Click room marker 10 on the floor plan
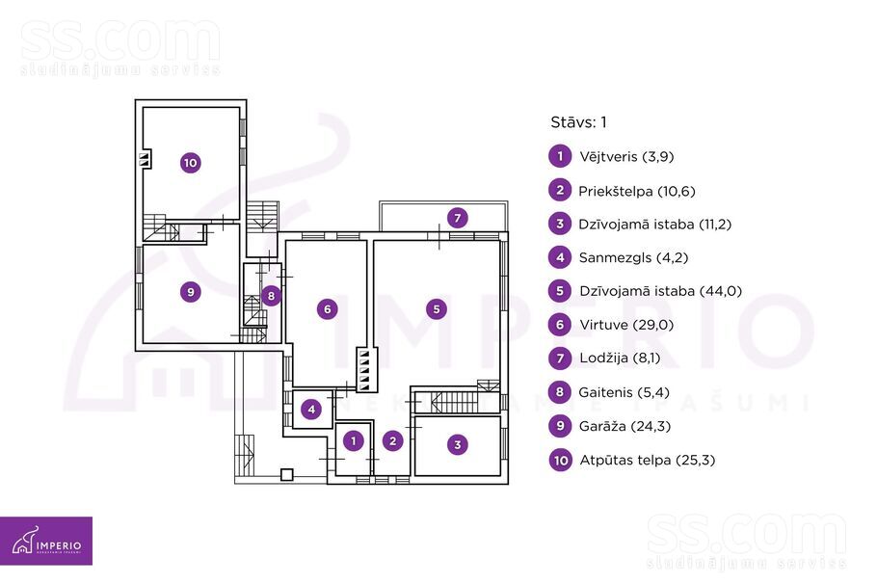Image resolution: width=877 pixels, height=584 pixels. pos(190,163)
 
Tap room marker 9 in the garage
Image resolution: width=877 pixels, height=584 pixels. pos(191,292)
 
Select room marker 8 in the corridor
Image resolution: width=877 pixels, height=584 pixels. pos(272,296)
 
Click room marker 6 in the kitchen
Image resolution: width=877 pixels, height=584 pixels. pos(328,309)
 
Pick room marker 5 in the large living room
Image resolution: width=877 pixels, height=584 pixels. pos(437,309)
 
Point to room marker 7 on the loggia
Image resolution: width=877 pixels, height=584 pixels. pos(459,217)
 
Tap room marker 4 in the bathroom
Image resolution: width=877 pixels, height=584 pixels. pos(312,411)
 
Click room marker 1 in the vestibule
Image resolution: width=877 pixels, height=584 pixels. pos(355,441)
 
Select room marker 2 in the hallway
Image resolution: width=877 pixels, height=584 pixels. pos(392,441)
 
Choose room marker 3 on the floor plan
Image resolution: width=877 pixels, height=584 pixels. pos(458,444)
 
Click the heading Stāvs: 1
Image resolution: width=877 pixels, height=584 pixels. pos(578,122)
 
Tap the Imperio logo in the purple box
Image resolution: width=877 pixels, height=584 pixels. pos(46,542)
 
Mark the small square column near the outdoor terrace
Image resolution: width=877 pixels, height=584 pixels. pos(286,474)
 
